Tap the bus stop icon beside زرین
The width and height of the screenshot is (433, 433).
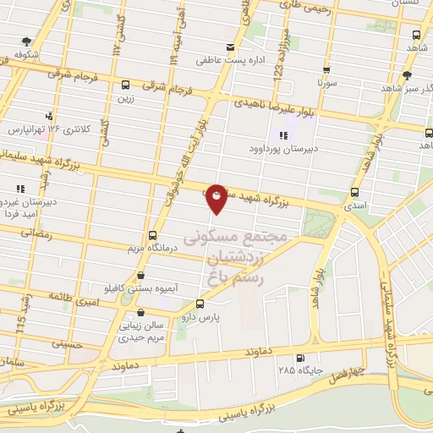point(126,85)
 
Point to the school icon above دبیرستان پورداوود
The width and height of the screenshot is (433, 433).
point(282,136)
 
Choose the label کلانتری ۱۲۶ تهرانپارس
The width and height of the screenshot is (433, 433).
point(49,129)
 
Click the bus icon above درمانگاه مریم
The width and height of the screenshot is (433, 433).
point(152,235)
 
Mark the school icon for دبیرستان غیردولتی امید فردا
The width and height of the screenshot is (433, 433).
point(19,189)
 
